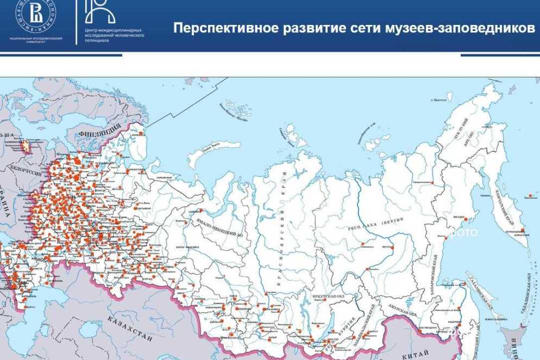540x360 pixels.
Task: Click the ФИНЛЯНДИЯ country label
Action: pos(100,134)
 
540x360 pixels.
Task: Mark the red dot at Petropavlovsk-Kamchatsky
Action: pos(523,230)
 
